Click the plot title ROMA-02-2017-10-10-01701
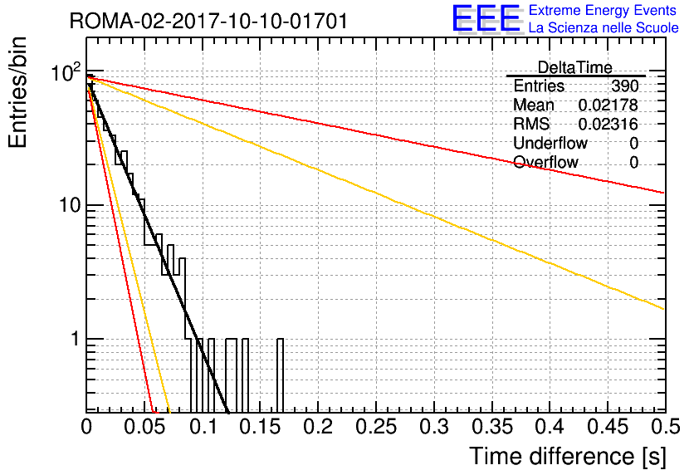(x=208, y=22)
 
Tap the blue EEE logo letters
(x=486, y=18)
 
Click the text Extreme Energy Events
(x=603, y=10)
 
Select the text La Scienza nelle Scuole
(x=604, y=28)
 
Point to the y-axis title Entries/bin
(x=18, y=92)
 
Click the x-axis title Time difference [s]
(x=568, y=456)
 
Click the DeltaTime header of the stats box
(x=575, y=67)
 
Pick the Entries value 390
(x=625, y=86)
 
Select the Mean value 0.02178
(x=608, y=105)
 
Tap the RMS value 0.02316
(x=608, y=124)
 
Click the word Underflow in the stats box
(x=550, y=143)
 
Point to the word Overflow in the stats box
(x=545, y=162)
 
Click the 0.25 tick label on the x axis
(x=376, y=427)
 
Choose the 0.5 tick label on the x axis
(x=666, y=427)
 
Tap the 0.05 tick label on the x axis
(x=144, y=427)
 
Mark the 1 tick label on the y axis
(x=76, y=340)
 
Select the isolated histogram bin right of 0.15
(x=280, y=375)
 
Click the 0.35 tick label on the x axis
(x=492, y=427)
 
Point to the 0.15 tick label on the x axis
(x=261, y=427)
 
